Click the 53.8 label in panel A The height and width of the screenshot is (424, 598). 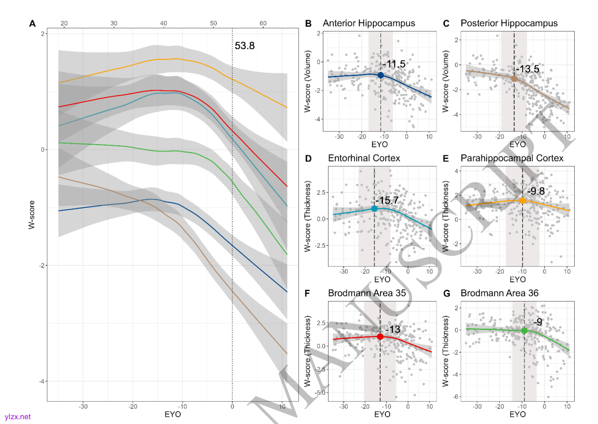[x=245, y=46]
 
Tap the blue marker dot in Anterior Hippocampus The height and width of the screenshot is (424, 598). [x=381, y=75]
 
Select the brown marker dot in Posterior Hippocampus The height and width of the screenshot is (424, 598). [x=514, y=79]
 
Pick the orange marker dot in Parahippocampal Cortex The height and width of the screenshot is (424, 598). [x=522, y=201]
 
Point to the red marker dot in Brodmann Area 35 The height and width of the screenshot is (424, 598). [x=380, y=336]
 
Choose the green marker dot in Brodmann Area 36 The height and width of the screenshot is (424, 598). [x=524, y=331]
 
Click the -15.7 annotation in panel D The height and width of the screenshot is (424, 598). [x=386, y=201]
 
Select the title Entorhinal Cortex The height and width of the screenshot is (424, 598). [x=364, y=158]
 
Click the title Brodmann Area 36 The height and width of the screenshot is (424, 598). [x=499, y=293]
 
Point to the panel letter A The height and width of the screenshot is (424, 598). [x=32, y=23]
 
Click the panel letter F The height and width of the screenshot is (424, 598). [x=308, y=293]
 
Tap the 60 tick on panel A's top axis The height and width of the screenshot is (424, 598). [x=263, y=23]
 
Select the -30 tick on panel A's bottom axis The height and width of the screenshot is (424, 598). [x=83, y=406]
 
